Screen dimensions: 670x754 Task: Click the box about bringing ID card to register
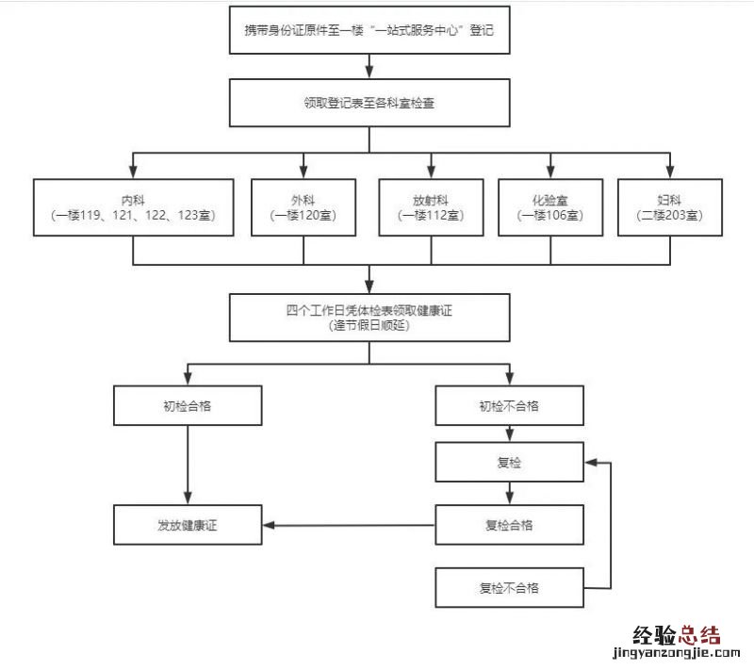[369, 30]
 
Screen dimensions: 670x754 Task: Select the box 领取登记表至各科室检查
[369, 104]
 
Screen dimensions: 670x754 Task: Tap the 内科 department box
[133, 207]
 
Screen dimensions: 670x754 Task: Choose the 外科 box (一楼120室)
[303, 207]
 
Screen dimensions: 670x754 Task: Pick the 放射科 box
[431, 207]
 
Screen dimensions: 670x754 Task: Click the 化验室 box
[550, 207]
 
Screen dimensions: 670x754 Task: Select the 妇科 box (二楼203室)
[669, 207]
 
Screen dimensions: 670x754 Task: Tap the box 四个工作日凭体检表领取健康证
[369, 317]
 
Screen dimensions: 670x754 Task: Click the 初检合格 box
[187, 406]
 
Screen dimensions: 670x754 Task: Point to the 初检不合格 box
[509, 406]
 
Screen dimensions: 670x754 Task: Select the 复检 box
[509, 463]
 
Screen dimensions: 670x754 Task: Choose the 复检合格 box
[509, 525]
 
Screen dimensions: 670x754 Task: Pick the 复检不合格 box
[509, 588]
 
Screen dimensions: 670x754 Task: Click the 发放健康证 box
[187, 525]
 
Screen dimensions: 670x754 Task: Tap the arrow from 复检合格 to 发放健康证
[349, 525]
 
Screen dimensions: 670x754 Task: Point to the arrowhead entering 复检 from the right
[592, 463]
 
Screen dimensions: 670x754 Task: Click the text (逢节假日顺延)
[369, 326]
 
